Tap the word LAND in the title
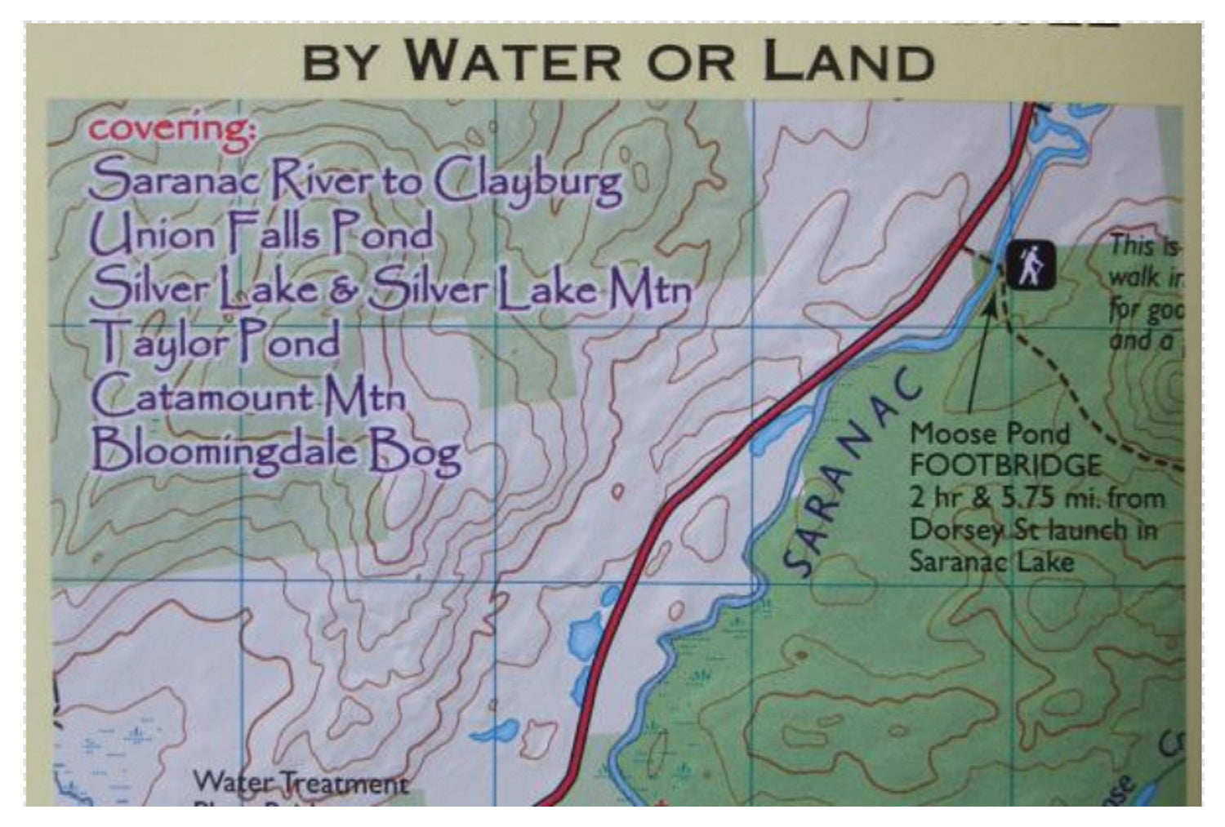(849, 61)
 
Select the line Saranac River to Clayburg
(355, 181)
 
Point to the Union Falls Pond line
(261, 234)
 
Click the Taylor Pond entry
(216, 341)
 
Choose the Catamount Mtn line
(247, 397)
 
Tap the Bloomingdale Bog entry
(275, 451)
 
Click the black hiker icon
(1030, 265)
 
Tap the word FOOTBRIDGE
(1005, 465)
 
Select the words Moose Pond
(989, 434)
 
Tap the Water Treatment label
(300, 783)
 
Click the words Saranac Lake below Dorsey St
(991, 562)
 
